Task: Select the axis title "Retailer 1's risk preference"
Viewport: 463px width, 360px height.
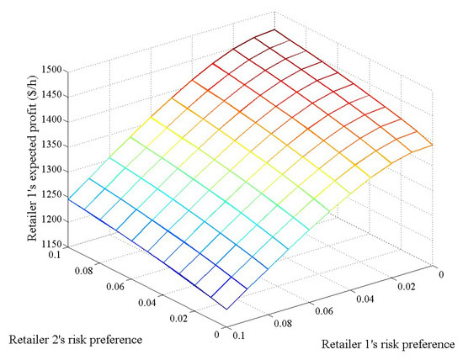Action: click(390, 345)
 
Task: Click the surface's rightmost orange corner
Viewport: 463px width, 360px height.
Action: click(433, 145)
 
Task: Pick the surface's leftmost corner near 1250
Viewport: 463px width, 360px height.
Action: click(69, 199)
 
